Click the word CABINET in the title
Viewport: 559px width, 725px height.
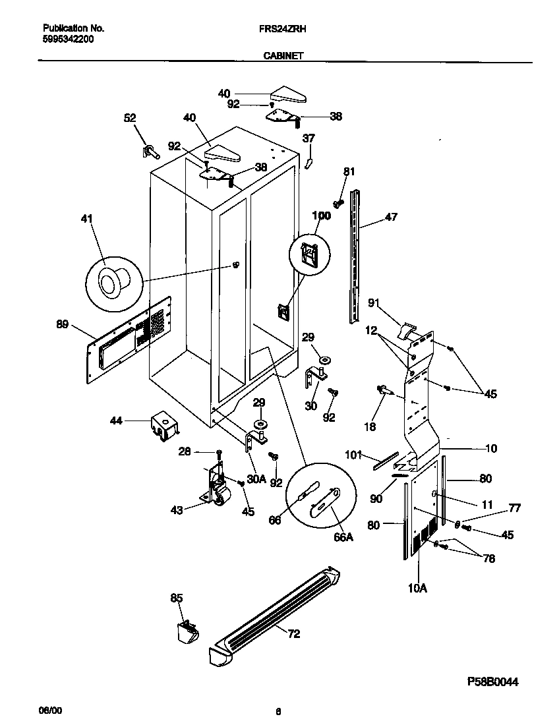coord(283,56)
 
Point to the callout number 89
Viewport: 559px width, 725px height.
coord(62,324)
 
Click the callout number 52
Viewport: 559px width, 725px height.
coord(130,118)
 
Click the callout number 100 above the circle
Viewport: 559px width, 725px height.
coord(322,216)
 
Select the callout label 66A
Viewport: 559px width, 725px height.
coord(343,537)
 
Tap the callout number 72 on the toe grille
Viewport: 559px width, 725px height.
coord(293,634)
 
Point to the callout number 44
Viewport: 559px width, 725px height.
coord(117,420)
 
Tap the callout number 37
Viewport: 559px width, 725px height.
coord(309,138)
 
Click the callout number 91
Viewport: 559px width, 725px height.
coord(374,303)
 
